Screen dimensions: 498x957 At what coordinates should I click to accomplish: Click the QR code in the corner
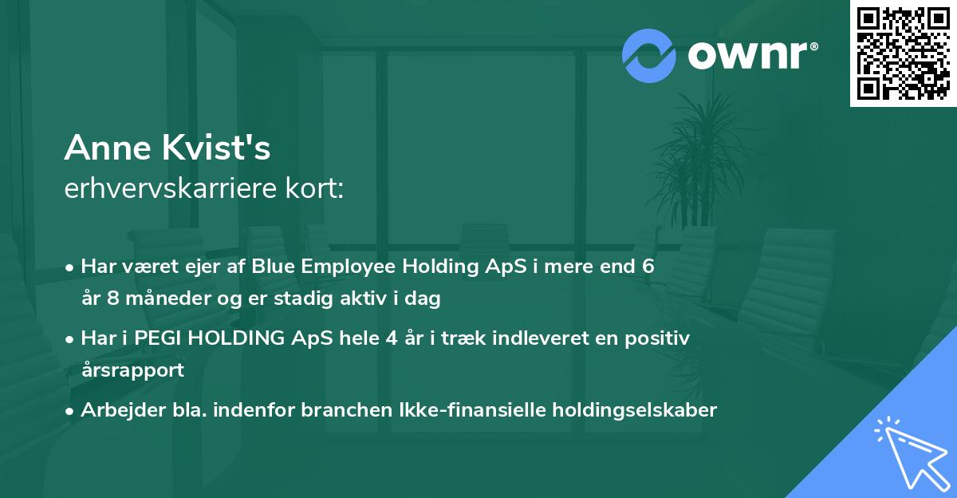point(903,53)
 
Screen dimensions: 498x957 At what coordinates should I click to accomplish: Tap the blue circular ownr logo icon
point(649,55)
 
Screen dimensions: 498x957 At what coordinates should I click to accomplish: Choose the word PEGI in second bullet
point(159,338)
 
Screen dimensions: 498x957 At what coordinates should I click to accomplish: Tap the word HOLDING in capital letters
point(237,338)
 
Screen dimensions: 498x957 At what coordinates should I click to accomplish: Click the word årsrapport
point(132,370)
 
